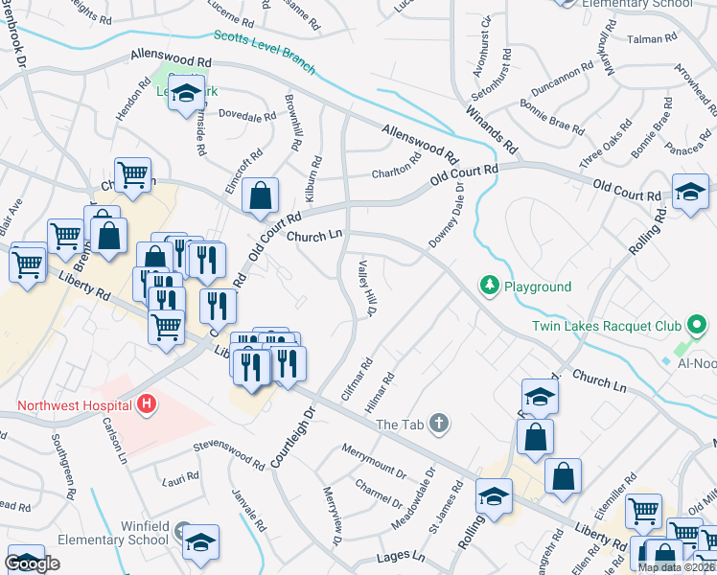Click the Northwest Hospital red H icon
(146, 405)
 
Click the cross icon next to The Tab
(439, 424)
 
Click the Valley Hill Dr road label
(365, 288)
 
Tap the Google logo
(33, 563)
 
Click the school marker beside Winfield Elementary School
(200, 543)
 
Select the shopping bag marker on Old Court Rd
(260, 195)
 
